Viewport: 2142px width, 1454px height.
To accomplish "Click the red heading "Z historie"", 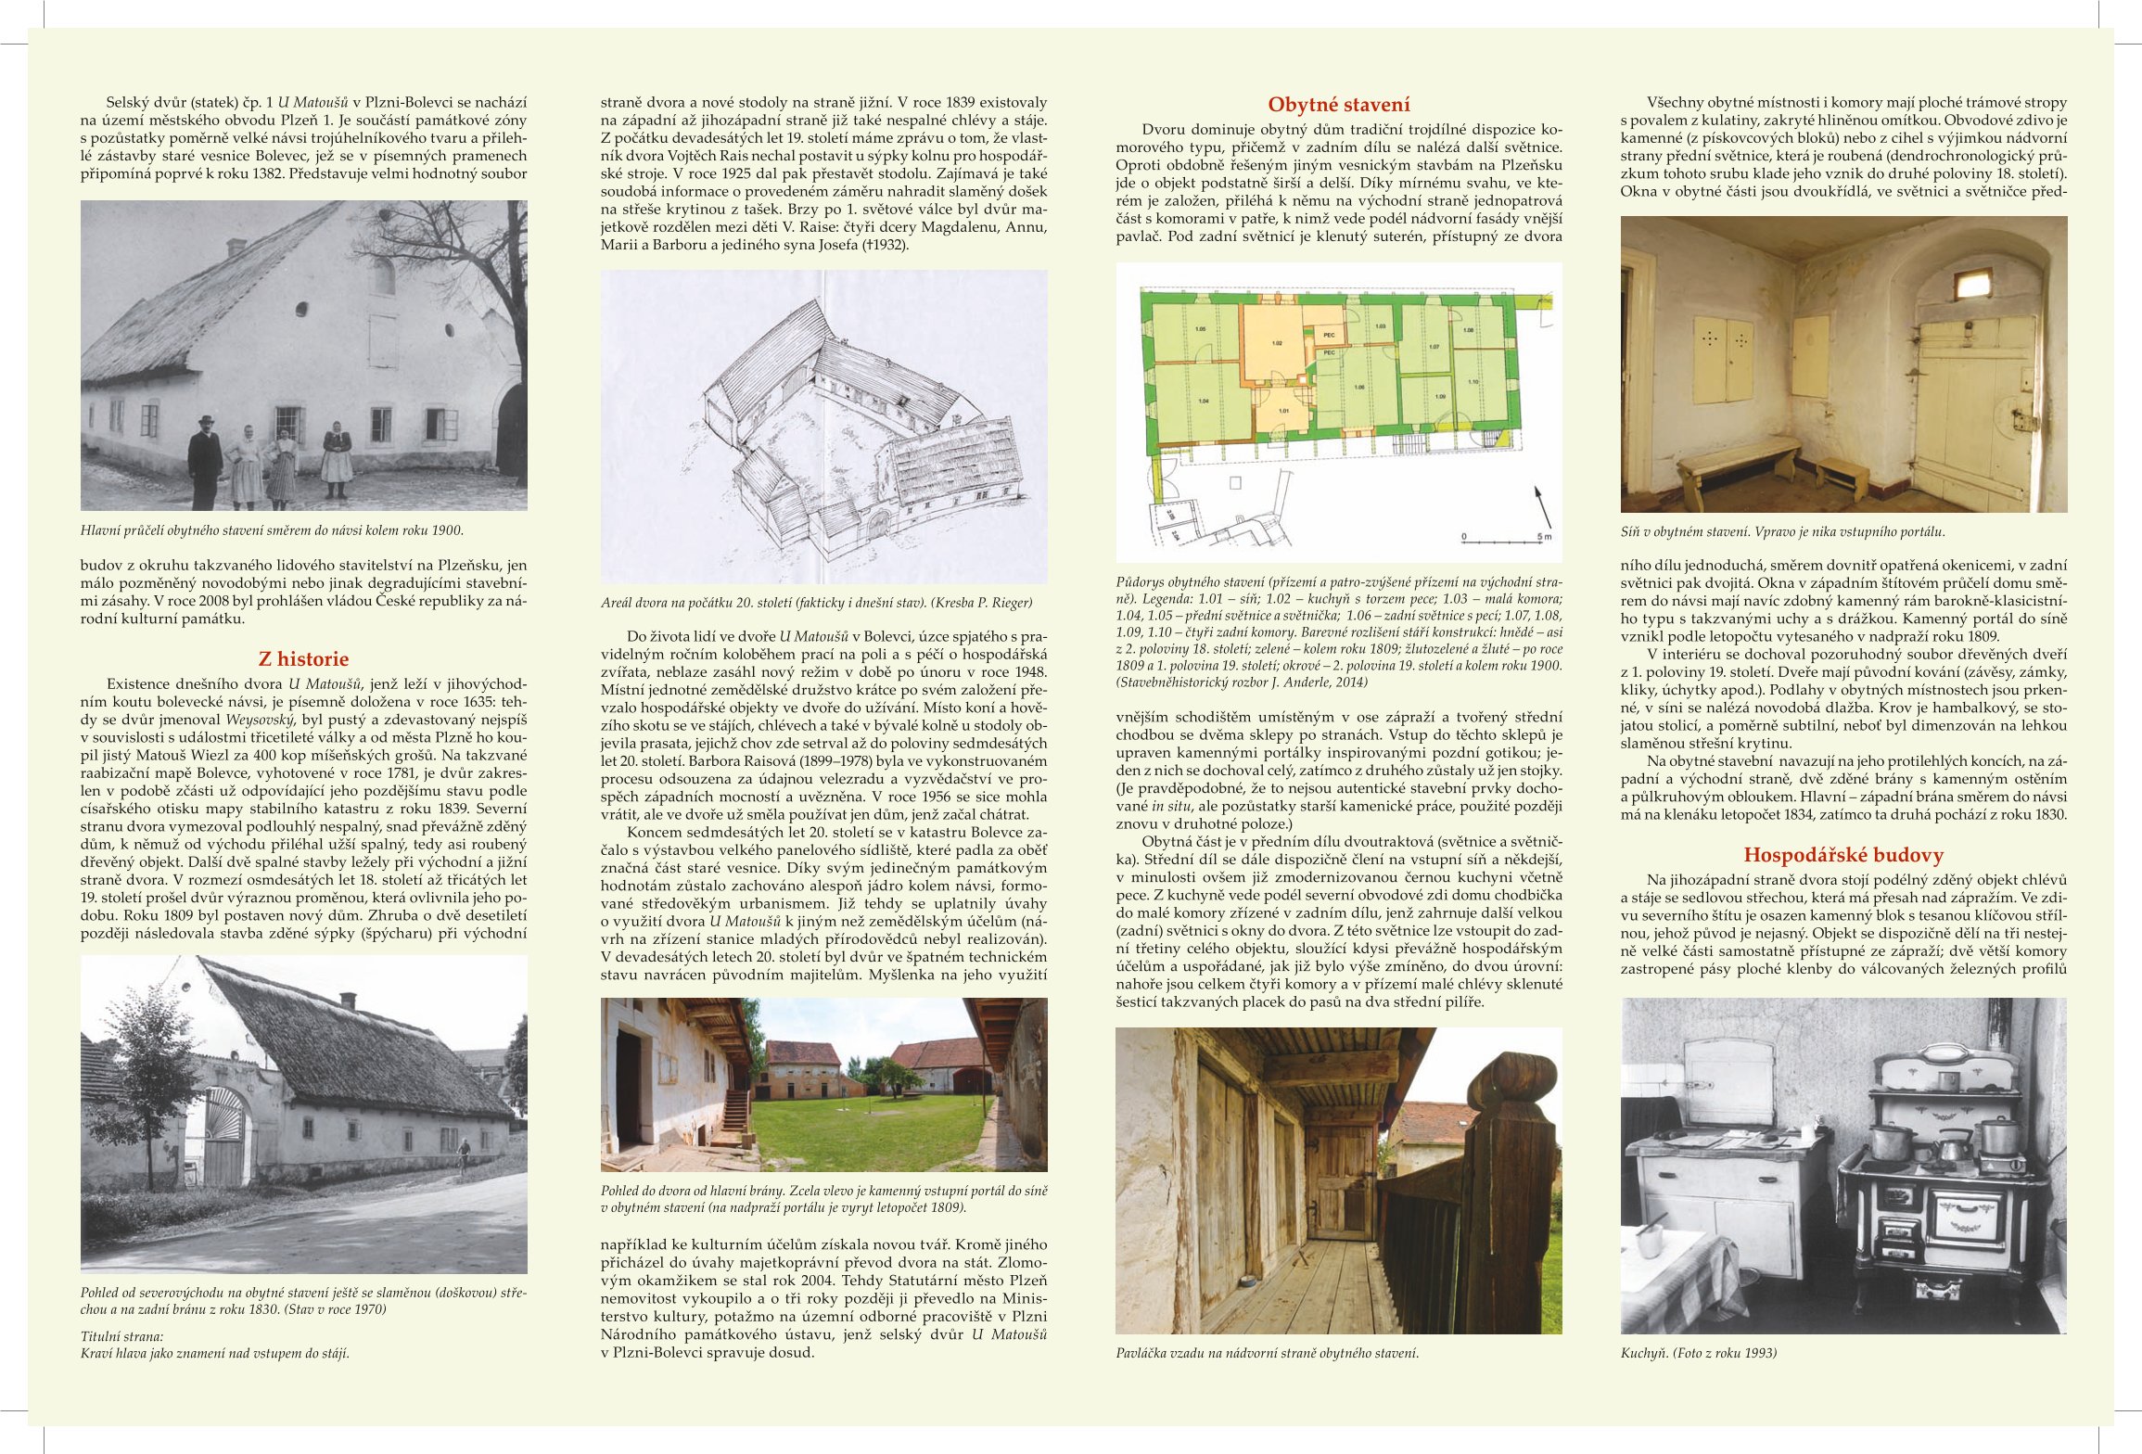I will point(303,659).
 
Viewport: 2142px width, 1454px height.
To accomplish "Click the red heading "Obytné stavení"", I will point(1338,105).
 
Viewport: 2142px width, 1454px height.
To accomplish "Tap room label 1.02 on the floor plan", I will point(1277,343).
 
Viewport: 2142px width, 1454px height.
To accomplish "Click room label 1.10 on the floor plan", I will point(1473,382).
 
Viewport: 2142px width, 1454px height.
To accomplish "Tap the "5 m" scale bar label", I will point(1543,537).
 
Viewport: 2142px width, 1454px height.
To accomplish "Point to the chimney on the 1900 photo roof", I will point(236,247).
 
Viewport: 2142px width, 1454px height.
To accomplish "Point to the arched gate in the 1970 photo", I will point(225,1137).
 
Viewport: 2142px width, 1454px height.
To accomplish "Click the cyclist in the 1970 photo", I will point(463,1158).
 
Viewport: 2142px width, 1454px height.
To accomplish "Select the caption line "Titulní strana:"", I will point(121,1336).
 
